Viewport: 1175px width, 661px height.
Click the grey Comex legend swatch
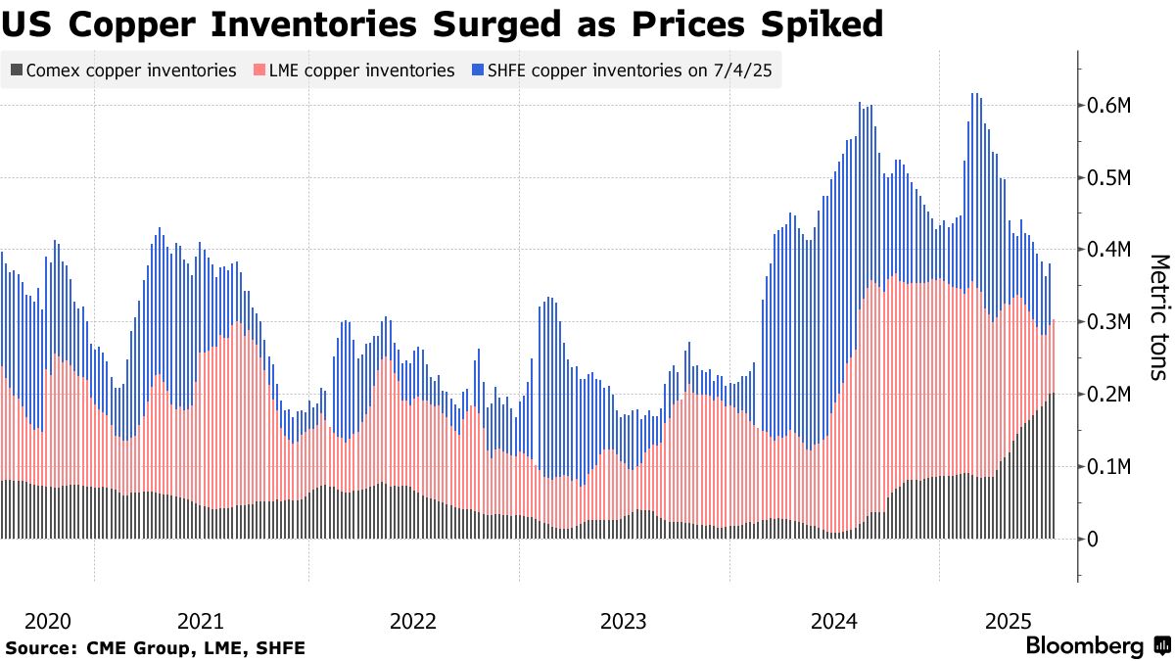coord(16,71)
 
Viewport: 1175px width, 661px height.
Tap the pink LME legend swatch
coord(259,71)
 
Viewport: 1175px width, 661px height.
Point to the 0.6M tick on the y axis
coord(1110,106)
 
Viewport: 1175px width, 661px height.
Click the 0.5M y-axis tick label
coord(1110,178)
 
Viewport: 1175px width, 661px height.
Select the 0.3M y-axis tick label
coord(1110,322)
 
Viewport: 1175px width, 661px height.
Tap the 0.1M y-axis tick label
coord(1110,467)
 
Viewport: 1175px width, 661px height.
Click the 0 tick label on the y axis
coord(1095,540)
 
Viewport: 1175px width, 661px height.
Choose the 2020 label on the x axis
coord(48,622)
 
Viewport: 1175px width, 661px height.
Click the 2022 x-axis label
coord(412,622)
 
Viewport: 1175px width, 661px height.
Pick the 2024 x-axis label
coord(834,622)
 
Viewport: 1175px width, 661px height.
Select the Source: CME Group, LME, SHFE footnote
coord(155,647)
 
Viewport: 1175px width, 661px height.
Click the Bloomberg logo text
coord(1084,646)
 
